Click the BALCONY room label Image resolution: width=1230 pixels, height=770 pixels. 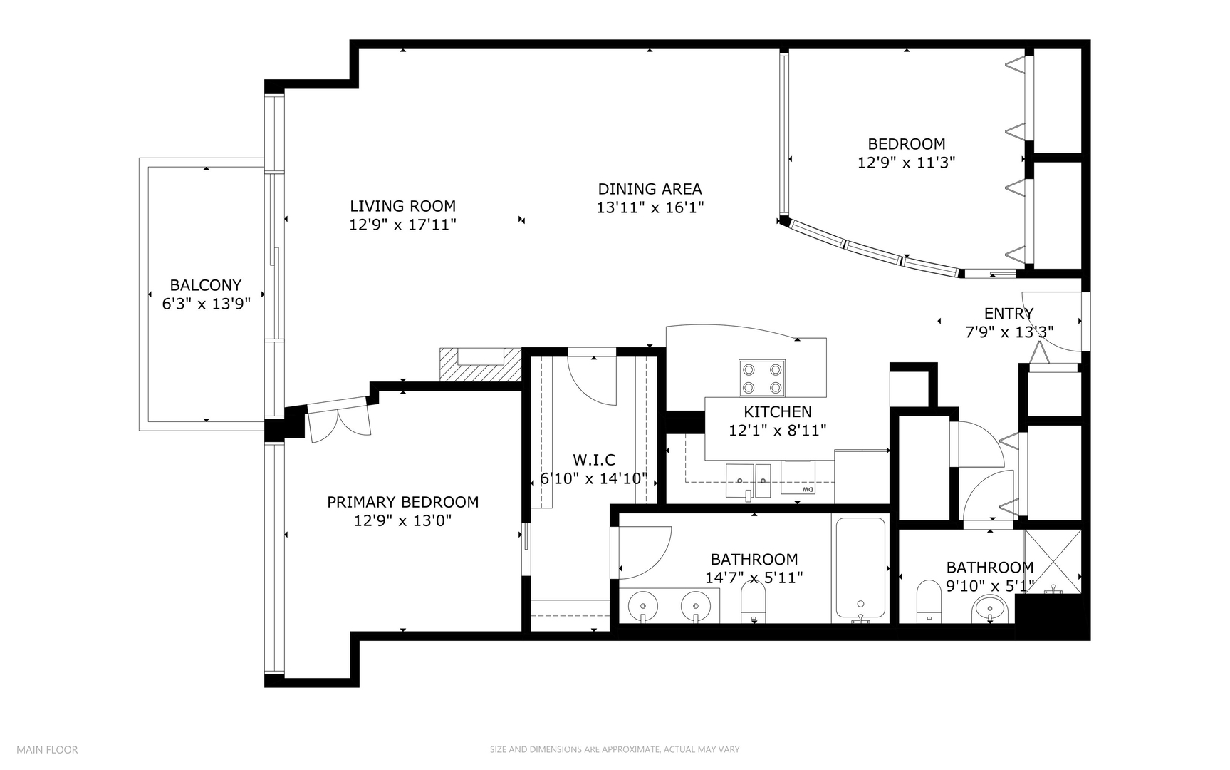pyautogui.click(x=205, y=285)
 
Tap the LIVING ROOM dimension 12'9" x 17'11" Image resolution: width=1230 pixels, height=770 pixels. pyautogui.click(x=402, y=225)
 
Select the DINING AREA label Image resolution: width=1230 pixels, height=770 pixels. pyautogui.click(x=650, y=189)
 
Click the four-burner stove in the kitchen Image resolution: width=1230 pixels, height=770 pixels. pyautogui.click(x=762, y=378)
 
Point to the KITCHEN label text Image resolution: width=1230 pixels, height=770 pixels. pyautogui.click(x=777, y=411)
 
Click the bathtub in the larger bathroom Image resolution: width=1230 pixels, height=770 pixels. pyautogui.click(x=860, y=568)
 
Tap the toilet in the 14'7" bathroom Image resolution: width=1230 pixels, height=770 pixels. pyautogui.click(x=753, y=602)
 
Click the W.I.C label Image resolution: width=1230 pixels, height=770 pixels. pyautogui.click(x=593, y=460)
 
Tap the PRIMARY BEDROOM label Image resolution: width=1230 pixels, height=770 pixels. pyautogui.click(x=402, y=502)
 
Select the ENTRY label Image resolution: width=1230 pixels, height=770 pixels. pyautogui.click(x=1009, y=314)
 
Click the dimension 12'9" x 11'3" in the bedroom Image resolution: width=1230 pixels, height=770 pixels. pyautogui.click(x=906, y=163)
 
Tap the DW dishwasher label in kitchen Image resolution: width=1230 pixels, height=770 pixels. pyautogui.click(x=807, y=490)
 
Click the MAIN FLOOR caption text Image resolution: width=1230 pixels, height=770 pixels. pyautogui.click(x=47, y=749)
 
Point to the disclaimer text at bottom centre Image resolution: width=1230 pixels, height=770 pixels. pyautogui.click(x=614, y=749)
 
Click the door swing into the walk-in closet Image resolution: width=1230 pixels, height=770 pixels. pyautogui.click(x=593, y=378)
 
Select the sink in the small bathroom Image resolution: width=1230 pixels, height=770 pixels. pyautogui.click(x=989, y=610)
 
